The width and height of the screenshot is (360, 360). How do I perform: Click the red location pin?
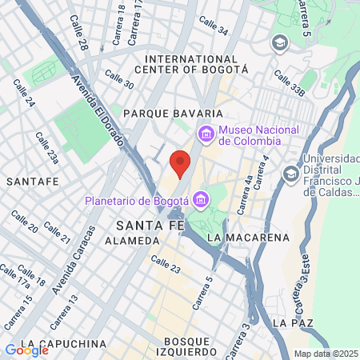[x=181, y=162]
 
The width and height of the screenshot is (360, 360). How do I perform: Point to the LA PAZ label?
[x=289, y=322]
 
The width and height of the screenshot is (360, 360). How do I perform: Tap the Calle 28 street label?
[x=78, y=28]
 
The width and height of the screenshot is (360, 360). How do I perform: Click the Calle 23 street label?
[x=165, y=264]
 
